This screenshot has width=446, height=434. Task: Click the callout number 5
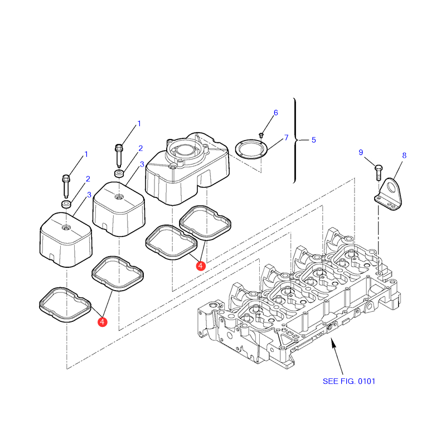coord(313,140)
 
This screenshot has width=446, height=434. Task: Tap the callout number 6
coord(275,113)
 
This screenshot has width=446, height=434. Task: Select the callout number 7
coord(286,137)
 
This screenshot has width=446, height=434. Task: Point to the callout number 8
coord(404,156)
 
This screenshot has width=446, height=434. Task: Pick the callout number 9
coord(361,152)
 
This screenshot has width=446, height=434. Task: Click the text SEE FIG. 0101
coord(349,382)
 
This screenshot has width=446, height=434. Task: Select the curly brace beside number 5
coord(295,140)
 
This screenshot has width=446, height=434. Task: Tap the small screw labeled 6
coord(261,135)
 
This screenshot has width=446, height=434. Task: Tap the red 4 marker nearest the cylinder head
coord(201,266)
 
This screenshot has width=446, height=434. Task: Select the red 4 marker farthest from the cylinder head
coord(102,321)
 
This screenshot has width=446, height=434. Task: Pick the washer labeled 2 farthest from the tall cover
coord(66,205)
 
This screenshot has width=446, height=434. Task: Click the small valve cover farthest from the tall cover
coord(65,239)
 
